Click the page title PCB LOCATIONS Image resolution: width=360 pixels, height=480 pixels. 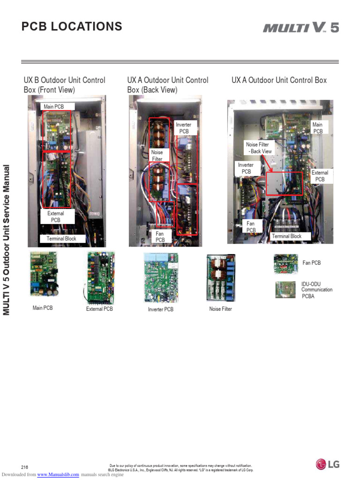(72, 27)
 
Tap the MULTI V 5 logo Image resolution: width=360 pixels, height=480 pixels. (300, 28)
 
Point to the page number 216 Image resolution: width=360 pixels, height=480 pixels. (25, 467)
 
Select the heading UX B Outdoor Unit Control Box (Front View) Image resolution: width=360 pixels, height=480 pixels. (65, 85)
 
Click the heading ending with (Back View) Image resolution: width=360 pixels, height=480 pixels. (168, 85)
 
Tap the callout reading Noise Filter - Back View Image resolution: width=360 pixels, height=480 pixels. (259, 148)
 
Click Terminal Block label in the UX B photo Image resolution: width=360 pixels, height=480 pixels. (61, 239)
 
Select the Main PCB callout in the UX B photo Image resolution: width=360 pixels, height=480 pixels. (54, 107)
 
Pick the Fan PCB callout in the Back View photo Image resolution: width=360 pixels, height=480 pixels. (160, 236)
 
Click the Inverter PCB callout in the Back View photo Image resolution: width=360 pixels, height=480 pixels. (184, 128)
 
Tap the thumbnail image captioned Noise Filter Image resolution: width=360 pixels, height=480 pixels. (221, 277)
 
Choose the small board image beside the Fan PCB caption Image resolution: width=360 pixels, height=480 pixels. (286, 264)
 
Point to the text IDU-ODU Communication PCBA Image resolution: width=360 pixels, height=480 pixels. (317, 290)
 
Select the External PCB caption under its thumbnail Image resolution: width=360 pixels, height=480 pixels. (99, 309)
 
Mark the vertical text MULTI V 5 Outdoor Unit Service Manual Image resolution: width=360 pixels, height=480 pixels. (7, 240)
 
